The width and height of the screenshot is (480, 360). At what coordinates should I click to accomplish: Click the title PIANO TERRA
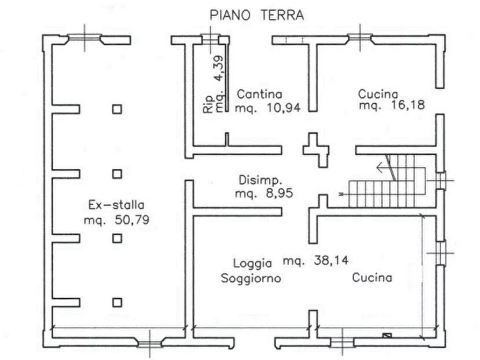[x=255, y=15]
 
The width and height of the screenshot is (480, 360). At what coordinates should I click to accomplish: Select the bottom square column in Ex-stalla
[x=117, y=300]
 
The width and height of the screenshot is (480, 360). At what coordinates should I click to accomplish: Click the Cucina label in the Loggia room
[x=372, y=277]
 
